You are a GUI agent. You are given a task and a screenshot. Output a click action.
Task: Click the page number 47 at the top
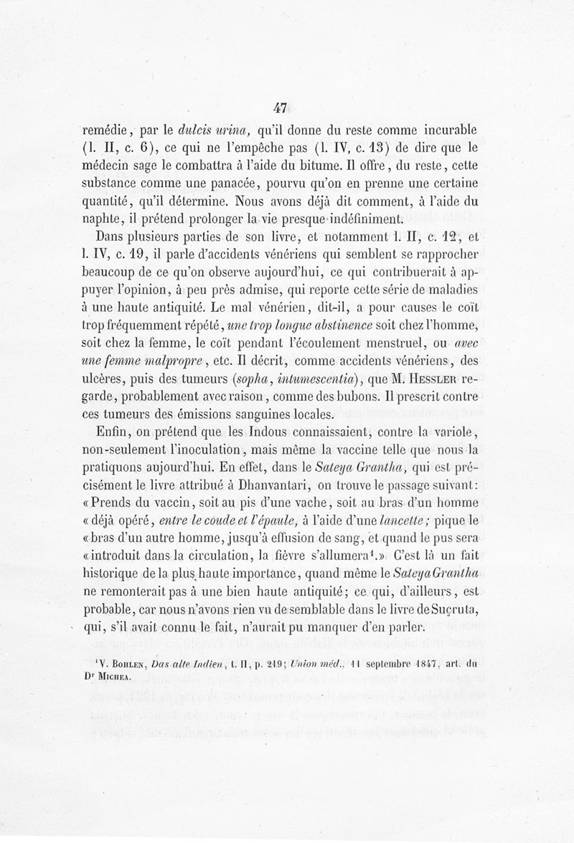click(x=280, y=108)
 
